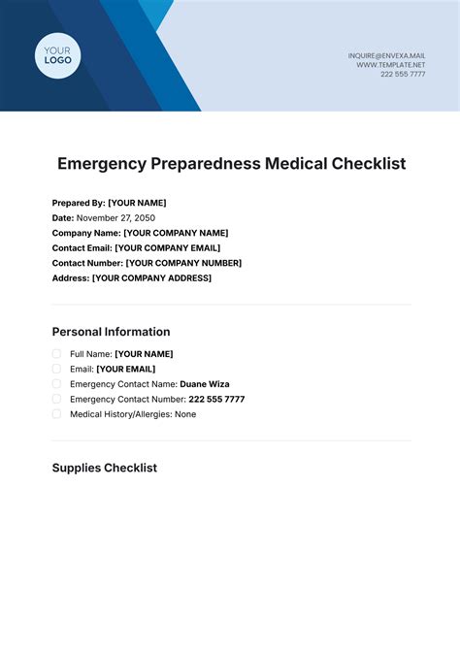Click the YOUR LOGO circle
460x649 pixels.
(x=58, y=54)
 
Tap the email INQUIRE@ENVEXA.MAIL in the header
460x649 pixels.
(x=386, y=55)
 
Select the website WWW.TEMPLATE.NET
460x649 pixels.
(x=391, y=65)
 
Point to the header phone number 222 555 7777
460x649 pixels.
(x=403, y=75)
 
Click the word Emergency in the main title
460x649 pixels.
(x=101, y=164)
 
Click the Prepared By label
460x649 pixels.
(x=78, y=203)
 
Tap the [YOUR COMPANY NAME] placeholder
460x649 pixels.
(x=176, y=233)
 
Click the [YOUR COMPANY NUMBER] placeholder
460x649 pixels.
(x=183, y=263)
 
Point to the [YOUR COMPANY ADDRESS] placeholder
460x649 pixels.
(x=151, y=278)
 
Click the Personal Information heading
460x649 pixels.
(x=111, y=332)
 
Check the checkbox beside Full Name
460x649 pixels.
(x=56, y=354)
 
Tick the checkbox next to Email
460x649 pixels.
(x=56, y=369)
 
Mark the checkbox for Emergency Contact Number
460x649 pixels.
(x=56, y=399)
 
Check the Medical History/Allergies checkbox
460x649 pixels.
(x=56, y=413)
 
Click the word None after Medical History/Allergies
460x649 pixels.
(x=185, y=414)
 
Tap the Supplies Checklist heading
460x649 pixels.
(x=104, y=468)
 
